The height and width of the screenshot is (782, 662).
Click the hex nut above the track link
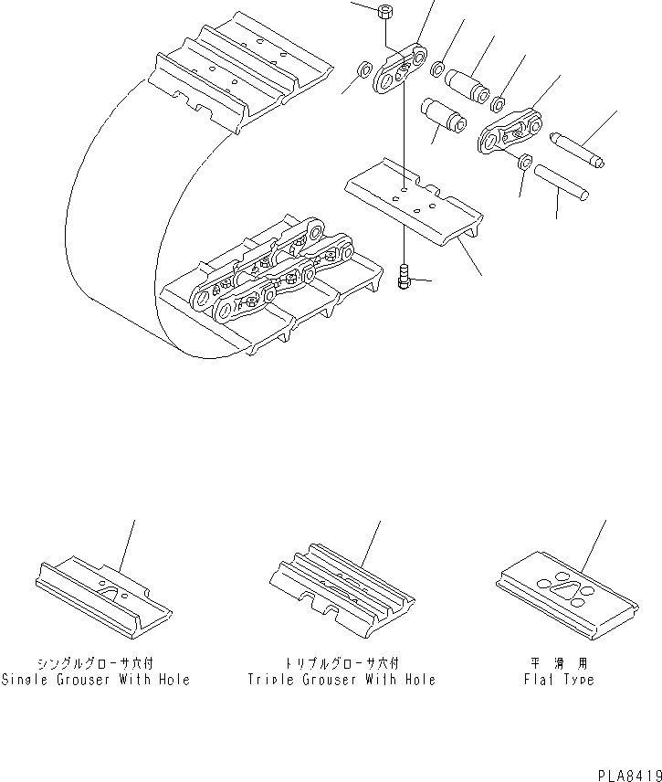(x=384, y=13)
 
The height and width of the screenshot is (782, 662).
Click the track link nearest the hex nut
(x=402, y=73)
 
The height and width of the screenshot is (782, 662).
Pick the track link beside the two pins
(x=511, y=133)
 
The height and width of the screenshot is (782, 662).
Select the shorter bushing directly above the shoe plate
(x=443, y=118)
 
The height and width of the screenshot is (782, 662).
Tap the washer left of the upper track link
(x=363, y=69)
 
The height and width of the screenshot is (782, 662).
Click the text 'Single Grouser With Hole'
(x=96, y=680)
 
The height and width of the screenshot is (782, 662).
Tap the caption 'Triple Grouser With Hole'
(x=342, y=680)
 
